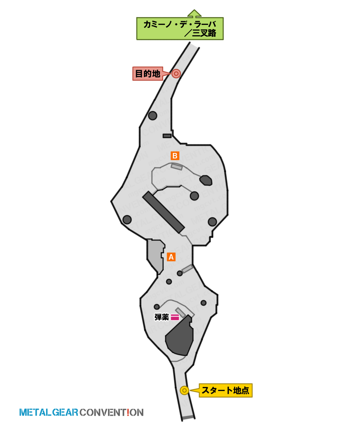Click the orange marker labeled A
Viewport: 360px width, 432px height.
[x=171, y=257]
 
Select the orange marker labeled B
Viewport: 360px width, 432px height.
[x=175, y=156]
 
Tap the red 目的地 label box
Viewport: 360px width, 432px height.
[x=148, y=73]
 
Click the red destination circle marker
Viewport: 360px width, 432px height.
[x=176, y=73]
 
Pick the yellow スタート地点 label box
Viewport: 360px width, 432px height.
[x=225, y=390]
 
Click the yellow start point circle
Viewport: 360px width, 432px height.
[x=184, y=391]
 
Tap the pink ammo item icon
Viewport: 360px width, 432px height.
[x=175, y=317]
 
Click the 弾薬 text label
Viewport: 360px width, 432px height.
[x=162, y=317]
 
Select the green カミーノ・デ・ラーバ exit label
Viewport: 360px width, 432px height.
[x=180, y=28]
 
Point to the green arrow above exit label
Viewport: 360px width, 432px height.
[x=194, y=13]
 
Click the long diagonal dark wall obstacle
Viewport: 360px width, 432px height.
[x=163, y=212]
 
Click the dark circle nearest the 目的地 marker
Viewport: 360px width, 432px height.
[x=153, y=116]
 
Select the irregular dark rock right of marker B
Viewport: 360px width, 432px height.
[x=206, y=180]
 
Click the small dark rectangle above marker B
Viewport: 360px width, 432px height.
[x=167, y=136]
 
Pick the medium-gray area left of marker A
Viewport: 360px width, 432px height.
[x=155, y=257]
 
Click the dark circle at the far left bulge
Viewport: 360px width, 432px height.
[x=127, y=220]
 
